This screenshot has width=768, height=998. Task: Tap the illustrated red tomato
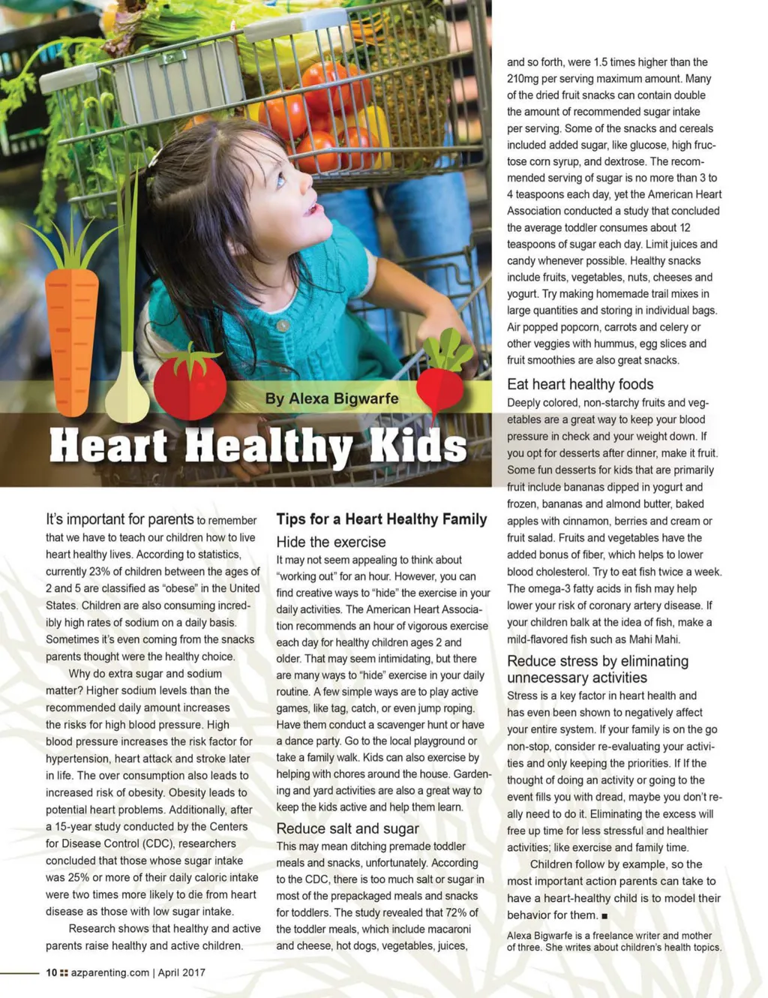[x=190, y=385]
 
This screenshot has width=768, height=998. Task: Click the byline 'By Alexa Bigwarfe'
[x=331, y=398]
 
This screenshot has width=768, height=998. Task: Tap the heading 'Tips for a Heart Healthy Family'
[x=381, y=519]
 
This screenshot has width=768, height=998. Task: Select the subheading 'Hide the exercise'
[x=331, y=542]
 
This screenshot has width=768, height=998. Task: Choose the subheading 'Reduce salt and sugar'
[x=347, y=828]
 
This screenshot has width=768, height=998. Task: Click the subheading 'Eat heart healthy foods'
[x=580, y=384]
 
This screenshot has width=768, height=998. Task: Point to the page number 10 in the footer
[x=51, y=972]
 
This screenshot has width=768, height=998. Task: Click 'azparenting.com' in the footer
[x=110, y=972]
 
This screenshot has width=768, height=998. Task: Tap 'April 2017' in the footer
[x=181, y=972]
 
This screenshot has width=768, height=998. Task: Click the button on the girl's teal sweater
[x=283, y=326]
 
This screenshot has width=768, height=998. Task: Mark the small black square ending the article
[x=604, y=916]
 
